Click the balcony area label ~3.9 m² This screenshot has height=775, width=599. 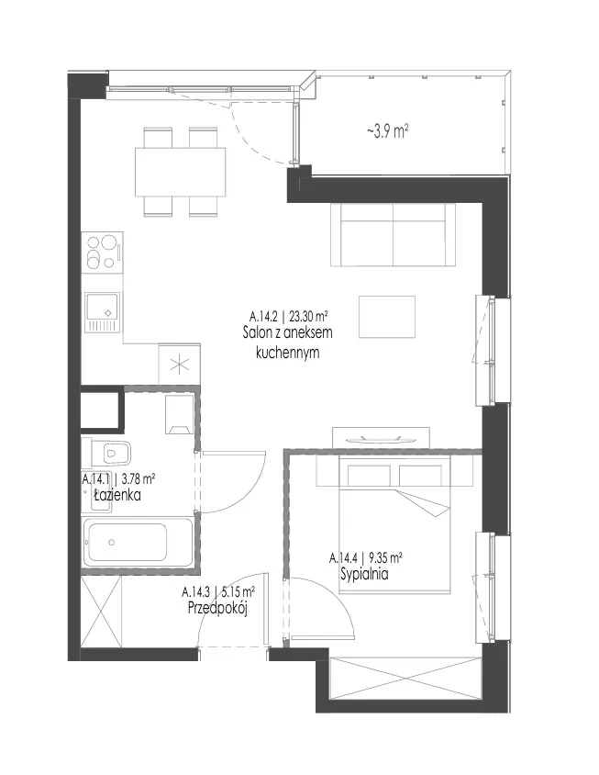[388, 131]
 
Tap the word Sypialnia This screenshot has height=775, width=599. [364, 574]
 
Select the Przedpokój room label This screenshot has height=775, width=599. [217, 608]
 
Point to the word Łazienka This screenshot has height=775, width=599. [117, 494]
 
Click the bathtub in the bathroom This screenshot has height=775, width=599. [138, 542]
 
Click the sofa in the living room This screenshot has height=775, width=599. [394, 235]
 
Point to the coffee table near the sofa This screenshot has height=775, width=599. [387, 317]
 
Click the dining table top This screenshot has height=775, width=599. [180, 172]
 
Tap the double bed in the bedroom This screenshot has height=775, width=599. [394, 525]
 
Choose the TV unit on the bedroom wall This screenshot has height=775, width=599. [381, 438]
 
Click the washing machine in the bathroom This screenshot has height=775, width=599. [178, 414]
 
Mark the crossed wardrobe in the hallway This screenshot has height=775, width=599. [101, 611]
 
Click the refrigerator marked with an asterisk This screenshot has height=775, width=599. [179, 365]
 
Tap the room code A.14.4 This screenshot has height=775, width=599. [343, 559]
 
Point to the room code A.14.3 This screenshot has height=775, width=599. [196, 591]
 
